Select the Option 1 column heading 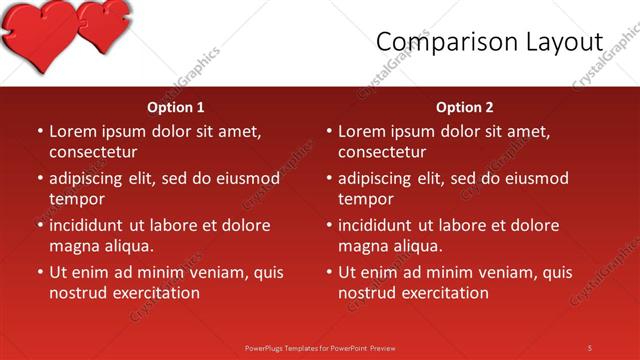coord(176,107)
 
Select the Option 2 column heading coord(465,107)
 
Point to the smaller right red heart coord(103,24)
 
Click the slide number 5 coord(590,347)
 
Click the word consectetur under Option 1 coord(93,152)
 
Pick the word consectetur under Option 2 coord(382,152)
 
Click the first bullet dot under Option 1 coord(39,131)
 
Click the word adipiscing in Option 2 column coord(374,178)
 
